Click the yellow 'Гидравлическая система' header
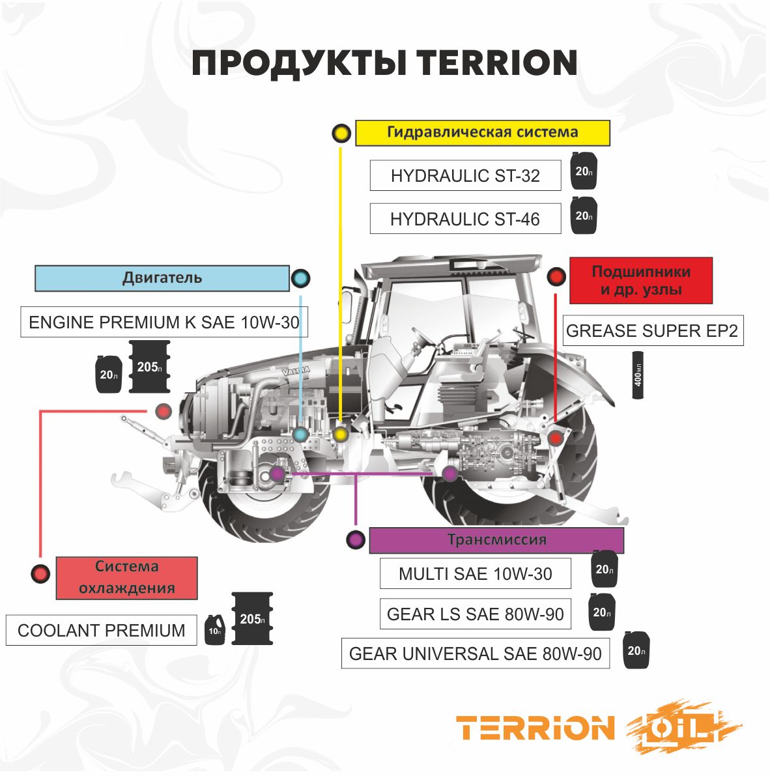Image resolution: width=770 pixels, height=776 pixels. coord(482,132)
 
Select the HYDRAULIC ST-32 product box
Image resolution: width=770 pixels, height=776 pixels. coord(465,175)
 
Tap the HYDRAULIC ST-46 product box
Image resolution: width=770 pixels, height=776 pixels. coord(465,219)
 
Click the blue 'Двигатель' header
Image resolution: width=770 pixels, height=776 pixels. coord(162,278)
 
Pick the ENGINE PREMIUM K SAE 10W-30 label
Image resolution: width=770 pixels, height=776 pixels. coord(164,322)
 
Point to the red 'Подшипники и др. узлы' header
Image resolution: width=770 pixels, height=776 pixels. coord(641,281)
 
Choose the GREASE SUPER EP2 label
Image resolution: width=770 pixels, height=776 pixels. coord(652,331)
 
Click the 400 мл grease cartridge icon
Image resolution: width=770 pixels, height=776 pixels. coord(638,375)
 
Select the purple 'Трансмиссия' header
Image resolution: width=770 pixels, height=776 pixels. coord(496,540)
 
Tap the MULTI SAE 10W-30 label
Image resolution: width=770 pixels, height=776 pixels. coord(475,574)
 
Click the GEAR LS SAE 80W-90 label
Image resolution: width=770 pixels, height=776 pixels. coord(475,614)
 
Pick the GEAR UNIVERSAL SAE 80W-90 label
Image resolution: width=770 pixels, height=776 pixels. coord(475,654)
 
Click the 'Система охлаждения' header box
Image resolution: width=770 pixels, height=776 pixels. coord(126,578)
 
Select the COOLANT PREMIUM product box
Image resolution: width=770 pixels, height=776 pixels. coord(101,631)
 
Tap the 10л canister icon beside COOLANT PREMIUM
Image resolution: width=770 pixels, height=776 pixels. coord(215,630)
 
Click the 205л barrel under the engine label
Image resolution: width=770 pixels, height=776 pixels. coord(149,367)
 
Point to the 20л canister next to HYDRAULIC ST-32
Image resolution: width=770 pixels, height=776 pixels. coord(584,171)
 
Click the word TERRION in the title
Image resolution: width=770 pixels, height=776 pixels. coord(497,63)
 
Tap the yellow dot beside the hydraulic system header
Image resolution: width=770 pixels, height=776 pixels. coord(340,134)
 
